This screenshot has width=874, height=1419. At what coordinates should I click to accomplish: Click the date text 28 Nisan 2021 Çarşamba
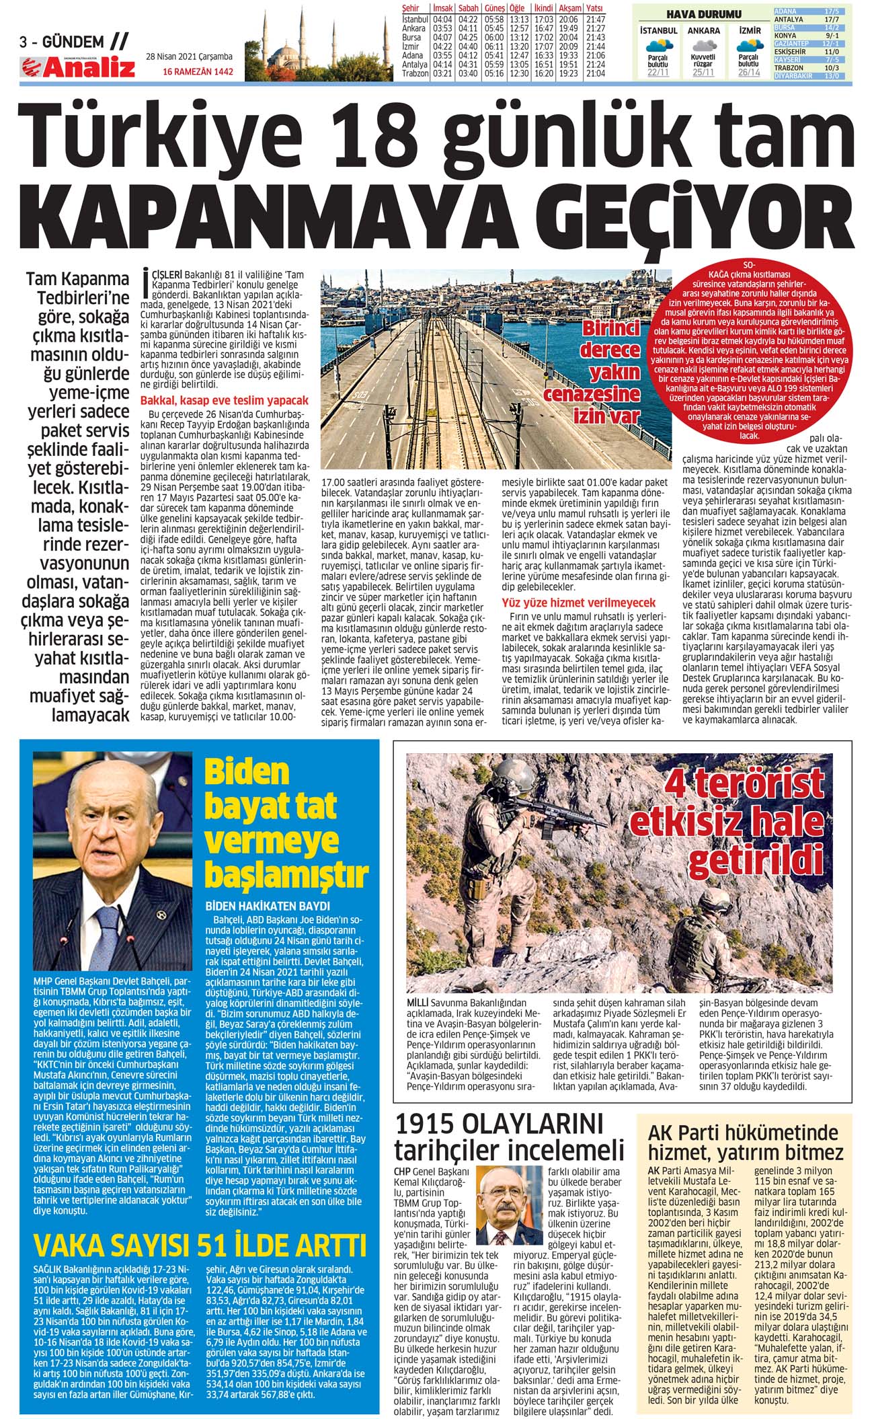tap(189, 56)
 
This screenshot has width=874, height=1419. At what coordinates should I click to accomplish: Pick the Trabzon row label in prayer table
tap(415, 73)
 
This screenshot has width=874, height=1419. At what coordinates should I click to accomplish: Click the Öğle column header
tap(518, 8)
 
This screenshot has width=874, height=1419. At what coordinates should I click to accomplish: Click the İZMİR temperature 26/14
tap(749, 73)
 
